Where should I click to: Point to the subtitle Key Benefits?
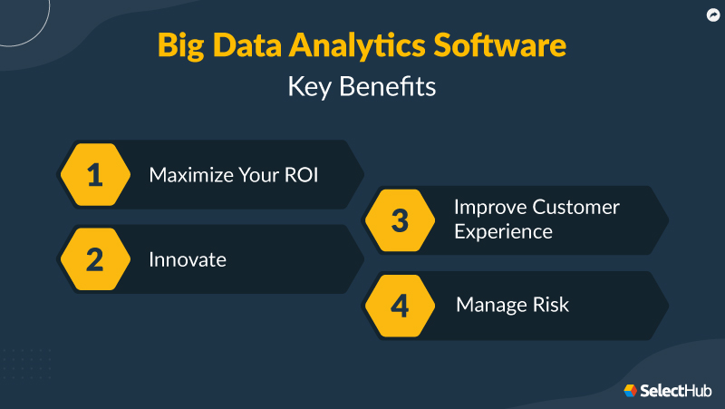[362, 87]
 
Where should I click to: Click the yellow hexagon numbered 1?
[95, 175]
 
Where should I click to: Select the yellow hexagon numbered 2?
[95, 259]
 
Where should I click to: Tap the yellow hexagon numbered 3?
[400, 220]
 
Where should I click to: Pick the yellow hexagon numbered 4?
[400, 305]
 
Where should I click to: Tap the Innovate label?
[187, 259]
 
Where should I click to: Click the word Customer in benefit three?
[575, 207]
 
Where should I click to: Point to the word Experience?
[503, 232]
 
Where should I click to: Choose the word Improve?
[490, 207]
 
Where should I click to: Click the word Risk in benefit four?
[549, 305]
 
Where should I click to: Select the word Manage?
[490, 305]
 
